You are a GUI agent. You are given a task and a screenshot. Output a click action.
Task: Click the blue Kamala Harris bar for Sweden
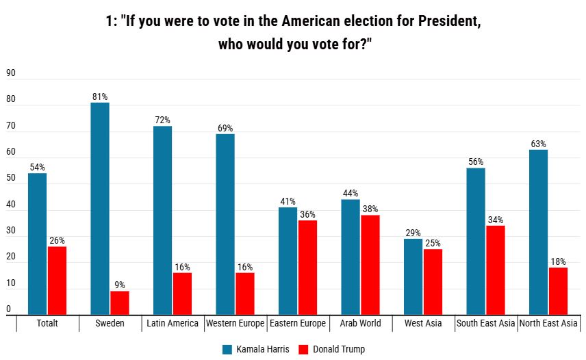coord(100,208)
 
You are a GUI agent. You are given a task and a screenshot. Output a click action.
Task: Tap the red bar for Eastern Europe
coord(307,267)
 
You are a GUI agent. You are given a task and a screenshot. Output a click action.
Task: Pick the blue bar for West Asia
coord(413,277)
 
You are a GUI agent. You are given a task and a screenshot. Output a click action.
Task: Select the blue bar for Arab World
coord(351,257)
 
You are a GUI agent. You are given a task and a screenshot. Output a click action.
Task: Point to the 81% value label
coord(100,97)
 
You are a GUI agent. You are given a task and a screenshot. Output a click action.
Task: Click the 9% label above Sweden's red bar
coord(120,285)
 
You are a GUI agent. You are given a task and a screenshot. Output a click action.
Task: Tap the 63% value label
coord(538,144)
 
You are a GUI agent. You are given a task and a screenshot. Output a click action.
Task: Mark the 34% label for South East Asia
coord(496,220)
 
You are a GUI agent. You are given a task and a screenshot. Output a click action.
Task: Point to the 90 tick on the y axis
coord(10,73)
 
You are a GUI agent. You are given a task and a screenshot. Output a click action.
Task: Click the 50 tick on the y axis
coord(10,178)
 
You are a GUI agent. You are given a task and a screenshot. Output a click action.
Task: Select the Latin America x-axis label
coord(173,323)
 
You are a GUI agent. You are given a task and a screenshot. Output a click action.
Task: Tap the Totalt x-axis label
coord(47,323)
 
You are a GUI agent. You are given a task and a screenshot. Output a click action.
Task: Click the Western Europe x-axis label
coord(235,323)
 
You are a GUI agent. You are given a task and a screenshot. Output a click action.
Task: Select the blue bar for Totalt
coord(38,244)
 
